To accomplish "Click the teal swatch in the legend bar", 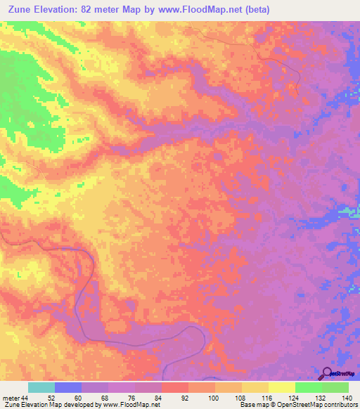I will point(41,388).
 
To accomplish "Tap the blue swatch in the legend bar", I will point(68,388).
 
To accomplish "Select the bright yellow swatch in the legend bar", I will point(281,388).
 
